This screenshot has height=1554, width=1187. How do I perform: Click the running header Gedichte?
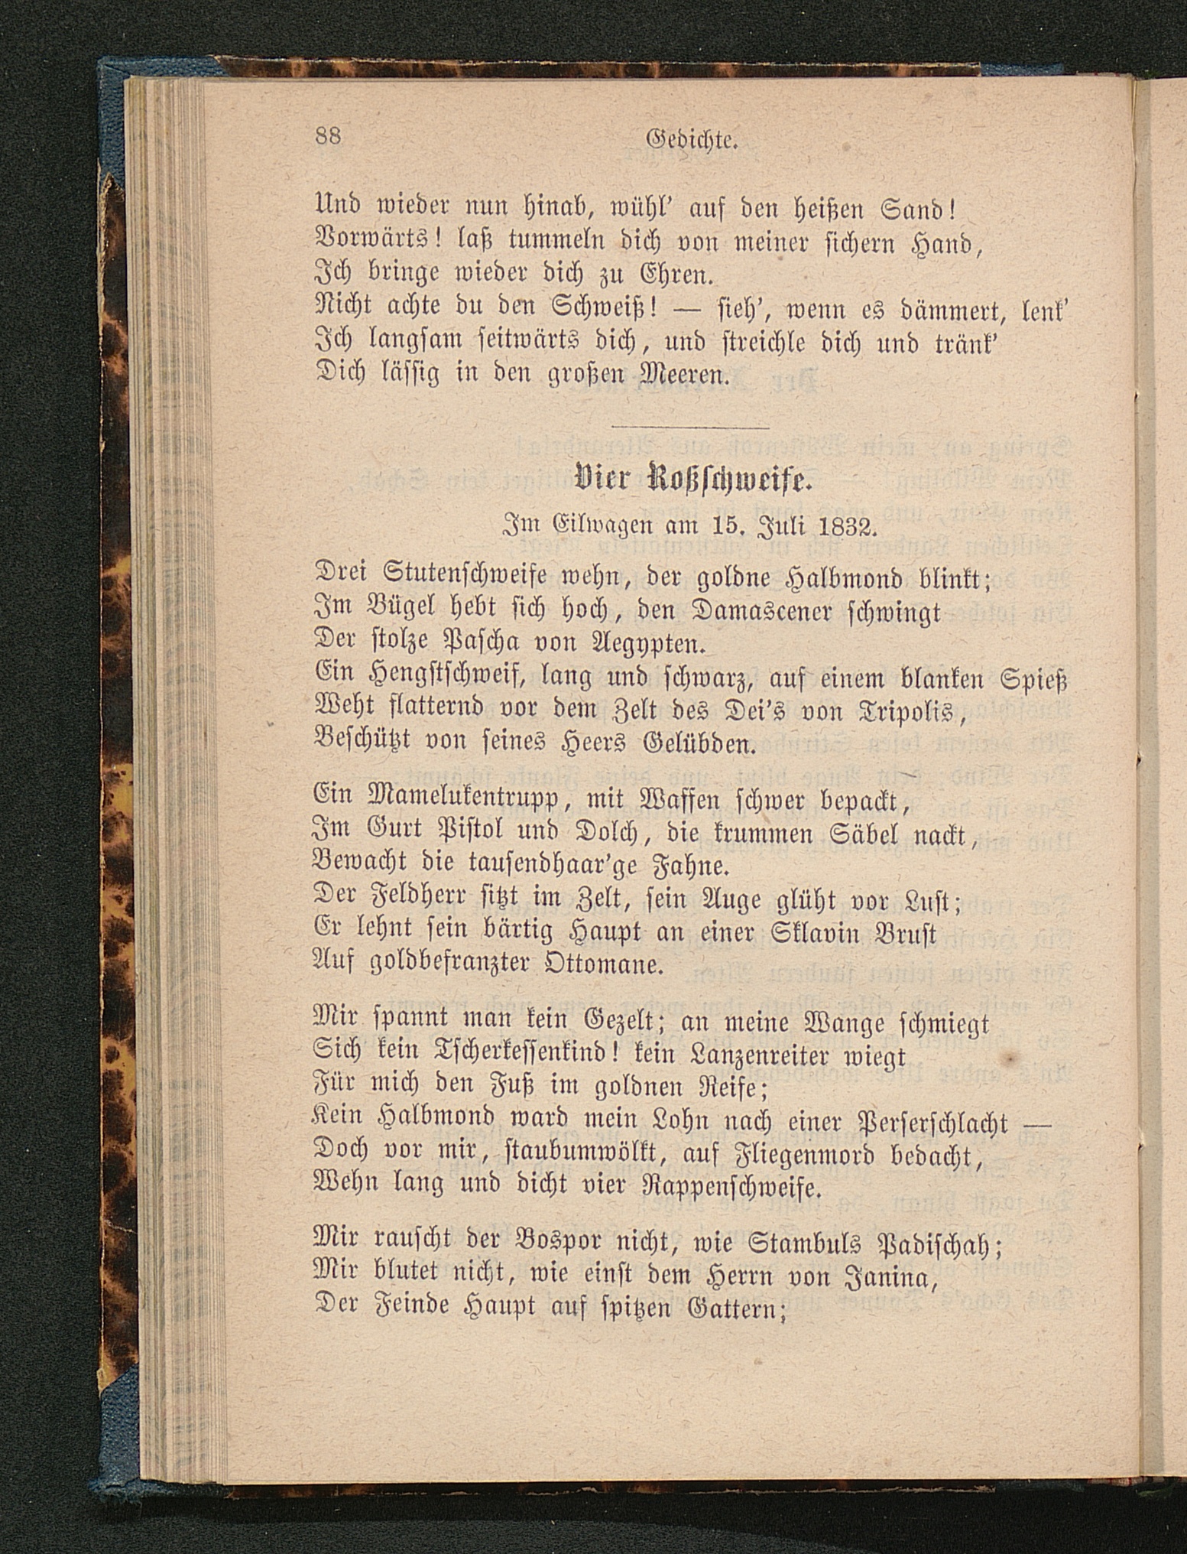point(691,138)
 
